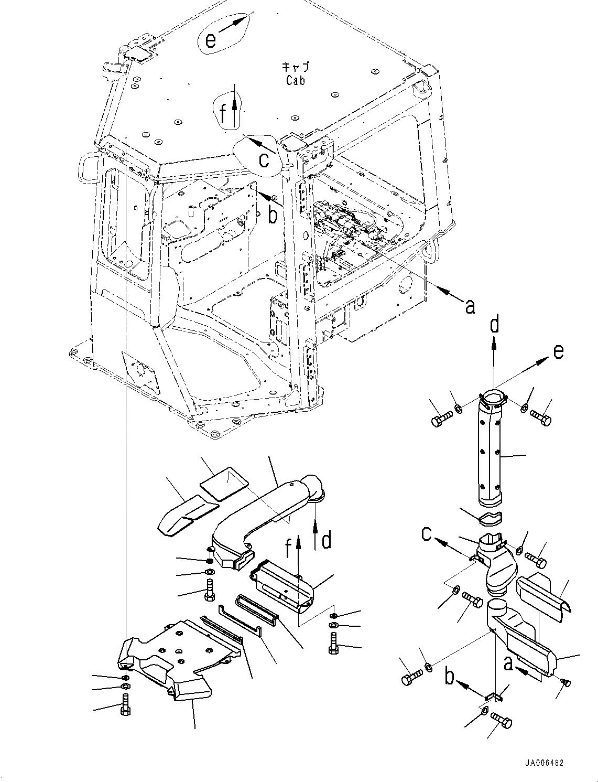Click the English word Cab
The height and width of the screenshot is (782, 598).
(295, 80)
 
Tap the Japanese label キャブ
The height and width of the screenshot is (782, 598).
(296, 67)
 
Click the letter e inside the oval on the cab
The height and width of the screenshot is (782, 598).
(210, 40)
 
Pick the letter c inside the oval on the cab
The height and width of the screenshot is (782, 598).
(265, 159)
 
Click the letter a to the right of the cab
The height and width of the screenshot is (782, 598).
(470, 306)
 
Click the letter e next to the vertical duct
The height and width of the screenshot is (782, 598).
(558, 351)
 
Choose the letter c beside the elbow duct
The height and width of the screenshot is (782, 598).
(427, 534)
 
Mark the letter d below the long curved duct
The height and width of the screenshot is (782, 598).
(327, 540)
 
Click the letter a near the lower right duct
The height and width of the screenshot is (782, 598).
(507, 663)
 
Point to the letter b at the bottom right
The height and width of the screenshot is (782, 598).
(449, 676)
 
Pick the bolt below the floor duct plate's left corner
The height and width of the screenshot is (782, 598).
(126, 703)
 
